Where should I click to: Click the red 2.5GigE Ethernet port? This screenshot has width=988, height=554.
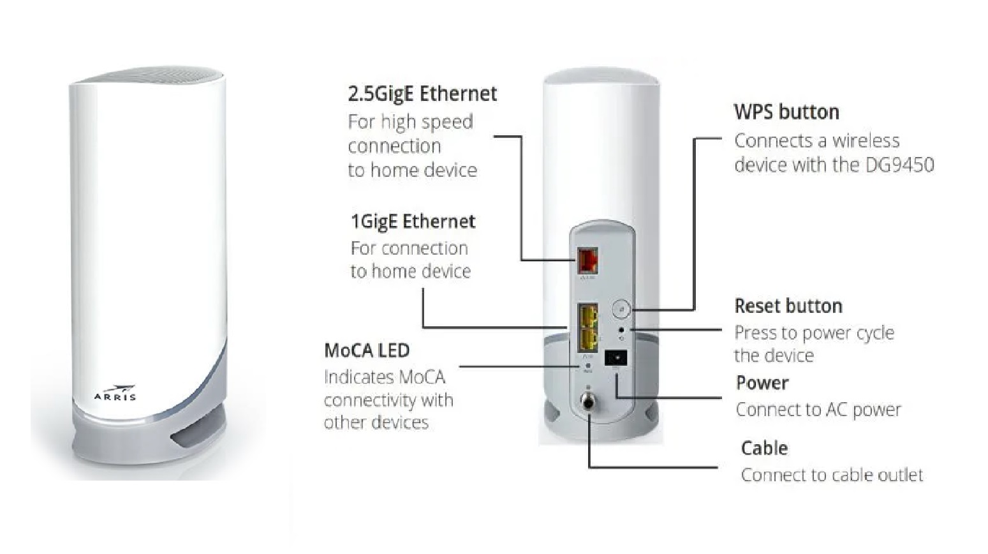point(587,260)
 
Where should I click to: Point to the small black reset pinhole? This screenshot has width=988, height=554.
point(621,330)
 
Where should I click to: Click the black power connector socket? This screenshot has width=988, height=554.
point(616,357)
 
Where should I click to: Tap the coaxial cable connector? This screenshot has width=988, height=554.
point(587,403)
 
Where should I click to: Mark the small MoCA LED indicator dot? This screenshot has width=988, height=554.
point(587,366)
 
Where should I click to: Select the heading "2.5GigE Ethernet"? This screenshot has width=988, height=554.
point(422,94)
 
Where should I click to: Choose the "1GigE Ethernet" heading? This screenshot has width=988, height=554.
point(413,221)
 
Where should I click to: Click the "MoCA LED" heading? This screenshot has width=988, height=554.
point(367,350)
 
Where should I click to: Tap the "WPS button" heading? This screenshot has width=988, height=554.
point(786,112)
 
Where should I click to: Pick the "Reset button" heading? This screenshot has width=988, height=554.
point(788,306)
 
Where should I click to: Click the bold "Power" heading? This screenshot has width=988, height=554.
point(762,383)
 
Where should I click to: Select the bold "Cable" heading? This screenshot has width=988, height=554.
point(764,448)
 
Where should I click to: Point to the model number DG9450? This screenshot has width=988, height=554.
point(899,165)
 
